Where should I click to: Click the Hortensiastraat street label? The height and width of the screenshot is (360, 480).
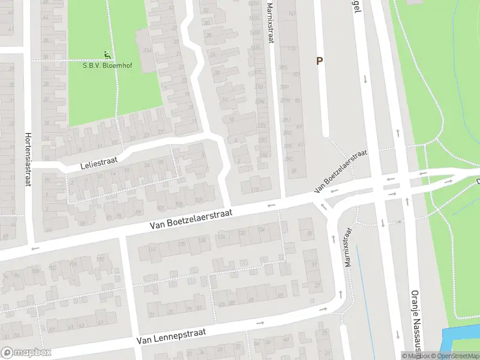(x=28, y=159)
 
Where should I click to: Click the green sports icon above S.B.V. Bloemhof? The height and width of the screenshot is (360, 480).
(x=107, y=55)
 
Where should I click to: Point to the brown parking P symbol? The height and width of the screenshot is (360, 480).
(x=320, y=61)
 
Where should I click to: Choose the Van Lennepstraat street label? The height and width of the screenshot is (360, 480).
(x=171, y=335)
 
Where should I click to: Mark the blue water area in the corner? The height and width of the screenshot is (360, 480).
(x=459, y=341)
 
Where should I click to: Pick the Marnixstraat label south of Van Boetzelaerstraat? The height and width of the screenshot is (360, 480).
(x=347, y=247)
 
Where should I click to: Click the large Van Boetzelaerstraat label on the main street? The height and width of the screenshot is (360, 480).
(x=192, y=219)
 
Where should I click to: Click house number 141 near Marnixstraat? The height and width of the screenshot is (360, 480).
(x=292, y=13)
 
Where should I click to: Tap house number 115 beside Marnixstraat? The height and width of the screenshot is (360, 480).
(x=292, y=48)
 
